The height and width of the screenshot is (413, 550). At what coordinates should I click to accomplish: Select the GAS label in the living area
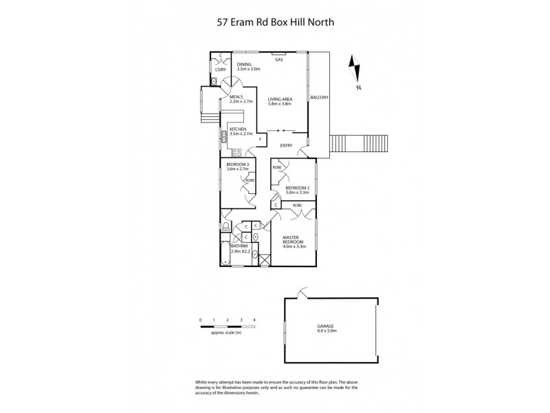279,59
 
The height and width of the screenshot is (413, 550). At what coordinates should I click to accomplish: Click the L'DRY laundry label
220,70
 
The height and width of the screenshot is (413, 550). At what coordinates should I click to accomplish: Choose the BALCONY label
320,98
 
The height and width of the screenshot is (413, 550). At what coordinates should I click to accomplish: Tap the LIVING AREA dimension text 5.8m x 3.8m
280,104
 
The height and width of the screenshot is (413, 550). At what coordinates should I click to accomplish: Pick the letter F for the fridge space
260,140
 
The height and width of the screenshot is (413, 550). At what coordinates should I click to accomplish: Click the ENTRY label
287,146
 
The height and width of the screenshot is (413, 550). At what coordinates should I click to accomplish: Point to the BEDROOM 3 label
238,164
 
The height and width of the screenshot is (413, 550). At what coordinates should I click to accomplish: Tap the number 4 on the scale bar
254,321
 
